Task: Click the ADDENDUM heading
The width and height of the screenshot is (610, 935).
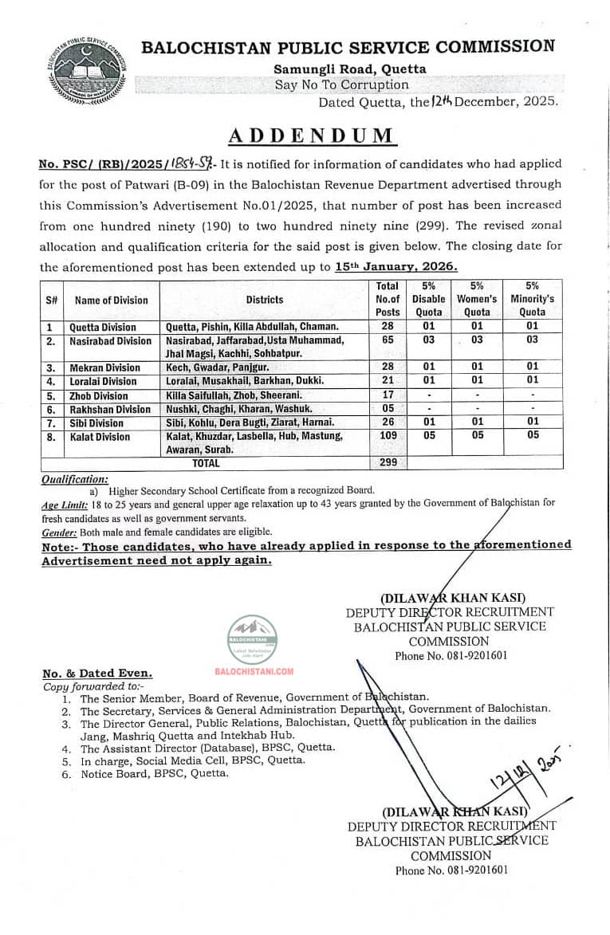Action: [312, 135]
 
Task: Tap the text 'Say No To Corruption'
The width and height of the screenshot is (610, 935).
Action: [341, 84]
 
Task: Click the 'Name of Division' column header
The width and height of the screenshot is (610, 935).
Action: [111, 301]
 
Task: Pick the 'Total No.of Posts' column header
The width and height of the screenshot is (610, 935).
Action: [388, 299]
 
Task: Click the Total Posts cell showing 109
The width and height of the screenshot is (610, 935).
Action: [387, 436]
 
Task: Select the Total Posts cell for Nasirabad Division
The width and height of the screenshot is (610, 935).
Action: [387, 341]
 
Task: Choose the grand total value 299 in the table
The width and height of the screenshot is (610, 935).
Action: [387, 462]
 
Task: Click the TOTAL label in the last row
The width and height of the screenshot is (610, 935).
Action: [207, 462]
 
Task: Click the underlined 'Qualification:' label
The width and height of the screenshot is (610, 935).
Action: [74, 479]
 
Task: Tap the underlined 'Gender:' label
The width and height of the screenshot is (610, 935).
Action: [60, 532]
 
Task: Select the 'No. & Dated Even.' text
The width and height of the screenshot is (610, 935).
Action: [96, 674]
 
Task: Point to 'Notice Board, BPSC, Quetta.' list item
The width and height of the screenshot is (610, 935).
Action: [154, 773]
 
